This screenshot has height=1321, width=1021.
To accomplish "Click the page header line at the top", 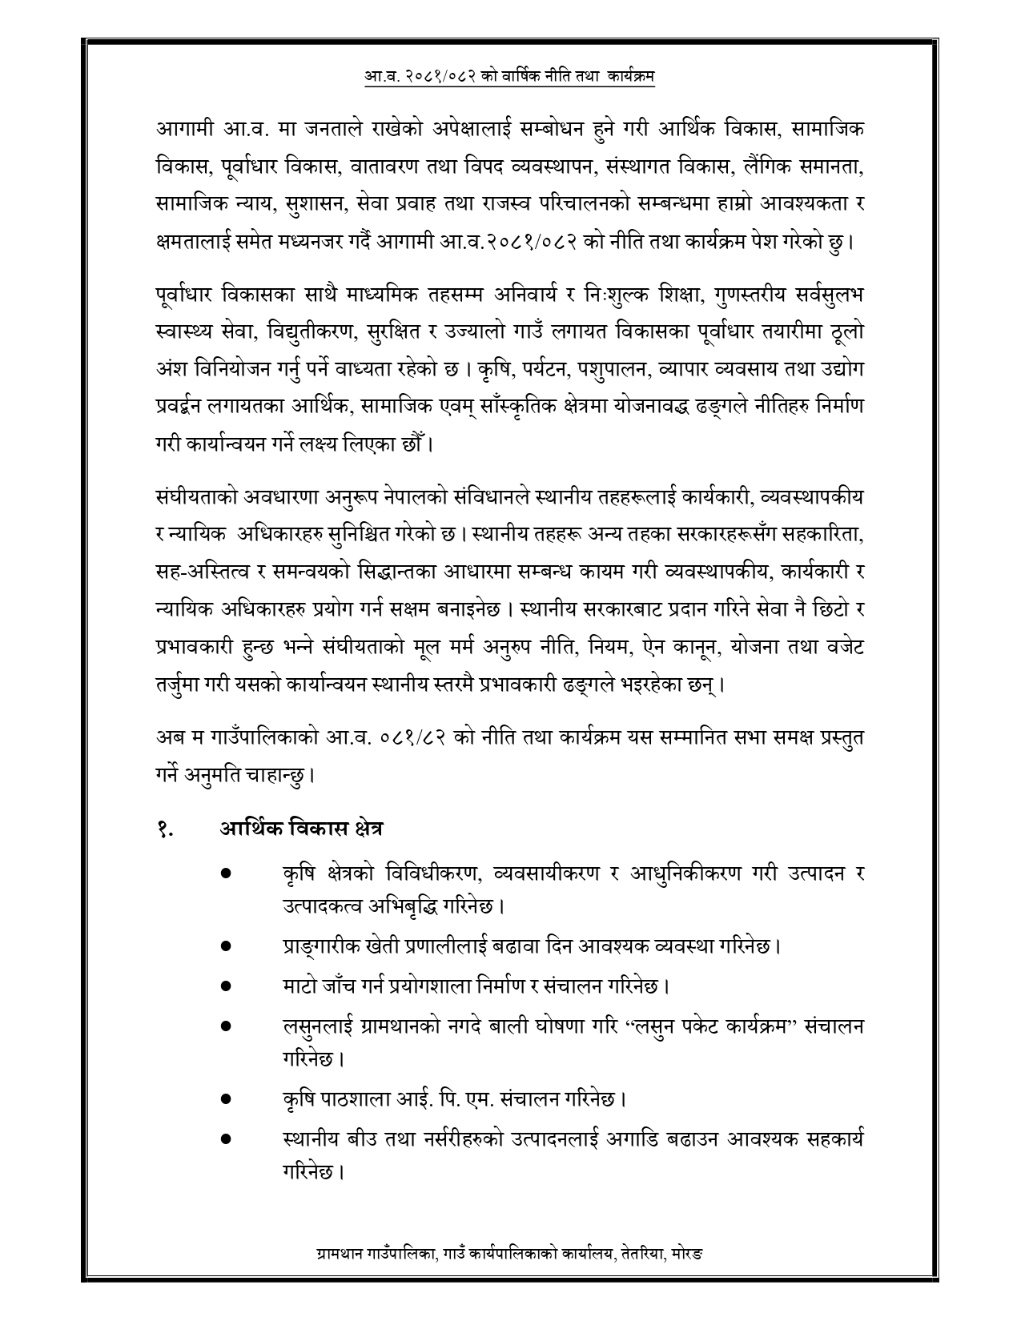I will pos(510,77).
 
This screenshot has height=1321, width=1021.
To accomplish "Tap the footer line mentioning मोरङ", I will pos(510,1274).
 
